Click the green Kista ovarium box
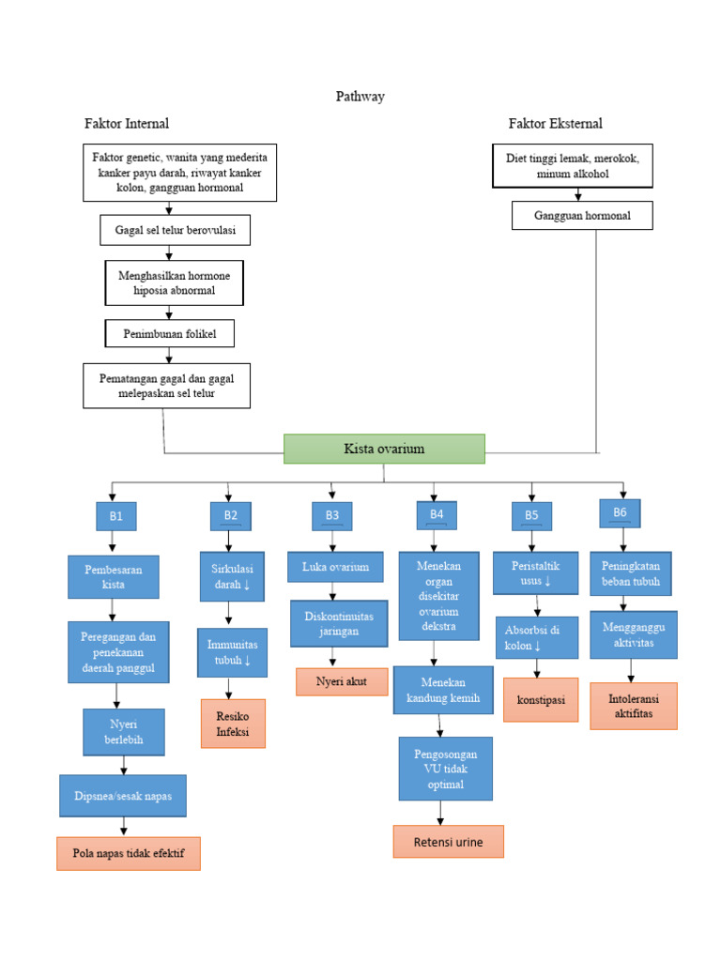coord(384,449)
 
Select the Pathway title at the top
coord(360,96)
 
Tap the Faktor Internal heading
coord(127,123)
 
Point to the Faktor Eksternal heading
coord(556,123)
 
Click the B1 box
coord(116,516)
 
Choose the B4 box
coord(437,514)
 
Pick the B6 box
coord(620,512)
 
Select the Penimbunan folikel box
coord(169,333)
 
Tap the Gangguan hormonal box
coord(582,216)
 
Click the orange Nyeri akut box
coord(342,681)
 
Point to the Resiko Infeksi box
coord(233,724)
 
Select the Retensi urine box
coord(448,842)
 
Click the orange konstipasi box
coord(541,700)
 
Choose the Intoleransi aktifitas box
coord(633,706)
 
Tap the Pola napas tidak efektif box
coord(129,854)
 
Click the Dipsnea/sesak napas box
coord(123,796)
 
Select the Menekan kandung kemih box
coord(442,690)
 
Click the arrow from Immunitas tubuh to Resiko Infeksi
coord(229,688)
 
